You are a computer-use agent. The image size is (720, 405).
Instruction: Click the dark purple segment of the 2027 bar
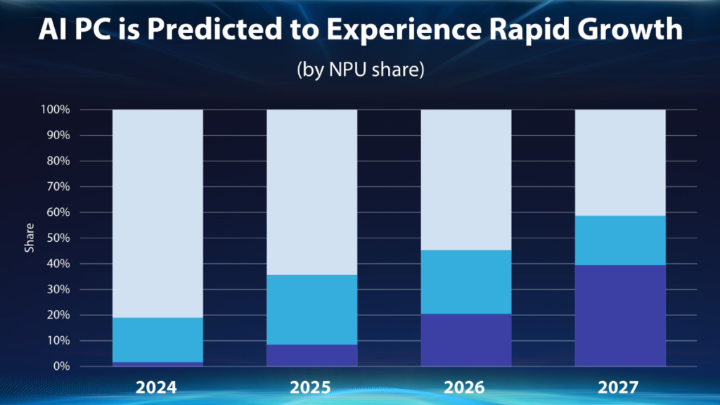[x=620, y=315]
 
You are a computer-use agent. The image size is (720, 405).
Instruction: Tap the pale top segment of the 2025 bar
[x=311, y=192]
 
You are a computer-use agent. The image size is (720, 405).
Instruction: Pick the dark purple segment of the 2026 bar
[x=465, y=340]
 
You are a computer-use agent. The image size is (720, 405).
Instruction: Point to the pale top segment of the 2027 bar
[x=620, y=162]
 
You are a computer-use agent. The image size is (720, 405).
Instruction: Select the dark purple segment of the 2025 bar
[x=311, y=355]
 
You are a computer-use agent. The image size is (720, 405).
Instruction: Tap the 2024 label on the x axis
[x=157, y=386]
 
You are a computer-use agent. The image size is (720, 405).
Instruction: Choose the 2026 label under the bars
[x=465, y=386]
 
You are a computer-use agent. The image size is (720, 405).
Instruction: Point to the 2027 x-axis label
[x=620, y=386]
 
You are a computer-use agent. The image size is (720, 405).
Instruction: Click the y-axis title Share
[x=30, y=238]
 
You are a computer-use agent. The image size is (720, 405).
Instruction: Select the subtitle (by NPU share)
[x=359, y=72]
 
